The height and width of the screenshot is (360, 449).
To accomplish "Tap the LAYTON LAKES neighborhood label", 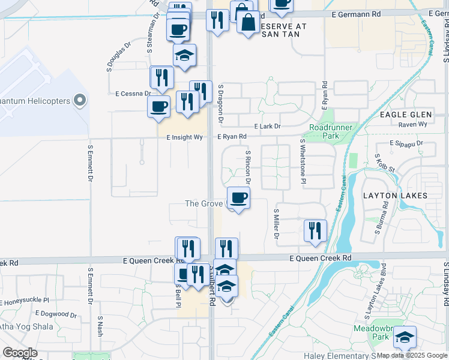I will (x=395, y=196).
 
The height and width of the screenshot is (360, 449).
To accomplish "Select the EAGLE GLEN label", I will (x=406, y=115).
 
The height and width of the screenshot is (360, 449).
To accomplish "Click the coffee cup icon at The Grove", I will (x=239, y=198).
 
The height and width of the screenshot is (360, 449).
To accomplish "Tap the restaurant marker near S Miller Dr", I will (x=315, y=230).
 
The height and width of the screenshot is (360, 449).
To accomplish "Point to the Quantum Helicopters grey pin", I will (x=79, y=101).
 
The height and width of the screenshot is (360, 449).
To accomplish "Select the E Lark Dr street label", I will (x=267, y=127).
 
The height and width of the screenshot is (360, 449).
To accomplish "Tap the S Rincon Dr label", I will (x=247, y=167).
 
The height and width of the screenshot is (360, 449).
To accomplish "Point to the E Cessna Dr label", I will (x=133, y=94).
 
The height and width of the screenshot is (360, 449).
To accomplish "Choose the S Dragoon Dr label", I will (x=221, y=103).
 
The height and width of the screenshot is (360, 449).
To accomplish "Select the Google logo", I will (x=20, y=352).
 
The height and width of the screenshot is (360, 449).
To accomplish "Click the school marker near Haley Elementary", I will (x=405, y=338).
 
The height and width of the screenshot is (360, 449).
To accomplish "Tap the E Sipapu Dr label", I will (x=406, y=143).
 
